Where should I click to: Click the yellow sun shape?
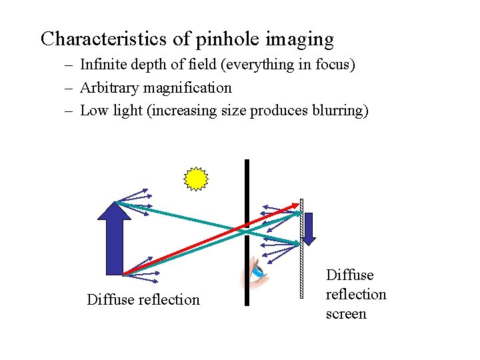tap(196, 179)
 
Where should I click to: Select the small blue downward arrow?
tap(309, 228)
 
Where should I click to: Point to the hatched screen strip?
tap(301, 253)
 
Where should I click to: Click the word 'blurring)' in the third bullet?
tap(340, 110)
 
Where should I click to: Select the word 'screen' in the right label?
tap(346, 313)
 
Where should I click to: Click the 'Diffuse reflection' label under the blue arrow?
tap(143, 299)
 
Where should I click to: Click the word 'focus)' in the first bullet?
tap(334, 65)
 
